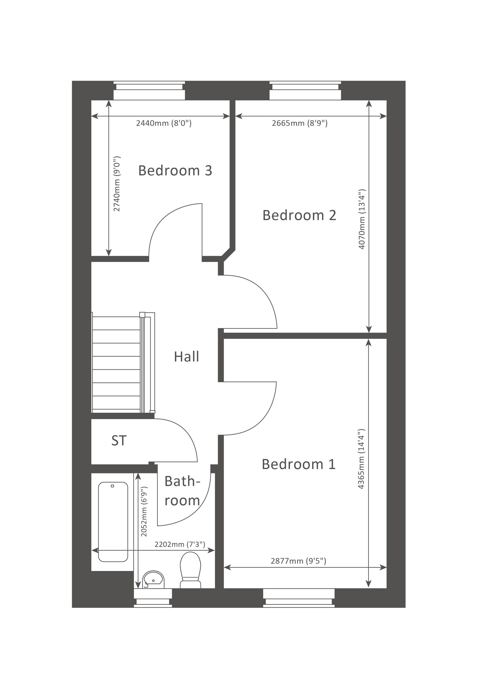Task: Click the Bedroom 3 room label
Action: click(175, 170)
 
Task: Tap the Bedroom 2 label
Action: click(299, 215)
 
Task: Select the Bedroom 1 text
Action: click(299, 464)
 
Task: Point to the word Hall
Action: click(186, 357)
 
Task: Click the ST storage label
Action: click(119, 441)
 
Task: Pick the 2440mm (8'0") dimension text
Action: click(164, 123)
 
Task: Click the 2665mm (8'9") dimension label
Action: click(299, 123)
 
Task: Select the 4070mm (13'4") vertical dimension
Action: click(362, 219)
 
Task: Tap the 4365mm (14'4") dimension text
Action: click(361, 459)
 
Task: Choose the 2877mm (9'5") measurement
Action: click(298, 561)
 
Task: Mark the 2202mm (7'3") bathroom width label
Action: click(180, 544)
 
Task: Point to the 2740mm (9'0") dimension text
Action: click(117, 184)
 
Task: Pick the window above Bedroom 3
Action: click(149, 90)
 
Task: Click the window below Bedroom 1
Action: click(299, 598)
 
